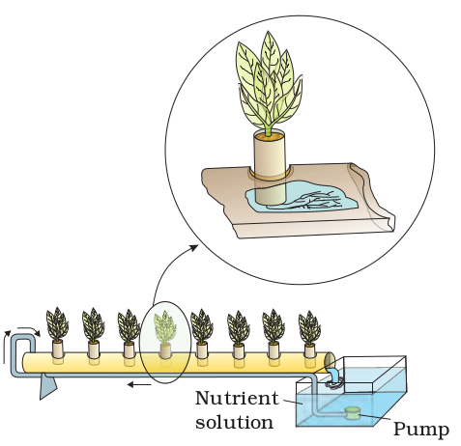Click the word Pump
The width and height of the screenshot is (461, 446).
coord(421,429)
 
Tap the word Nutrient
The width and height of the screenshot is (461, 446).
coord(237,398)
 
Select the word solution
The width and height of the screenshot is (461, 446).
coord(234,422)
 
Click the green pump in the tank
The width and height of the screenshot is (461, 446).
coord(352,413)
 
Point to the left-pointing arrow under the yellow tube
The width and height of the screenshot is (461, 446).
coord(139,384)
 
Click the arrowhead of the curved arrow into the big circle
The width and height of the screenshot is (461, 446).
coord(194,247)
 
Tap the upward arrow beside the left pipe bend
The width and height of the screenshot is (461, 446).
coord(6,347)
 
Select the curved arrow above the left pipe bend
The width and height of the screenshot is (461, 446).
coord(28,330)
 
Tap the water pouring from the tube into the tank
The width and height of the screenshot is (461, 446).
coord(334,376)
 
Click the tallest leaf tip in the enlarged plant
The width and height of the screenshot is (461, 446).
coord(268,32)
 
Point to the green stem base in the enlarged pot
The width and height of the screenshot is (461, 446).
coord(268,131)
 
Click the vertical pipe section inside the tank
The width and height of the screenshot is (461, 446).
coord(315,396)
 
